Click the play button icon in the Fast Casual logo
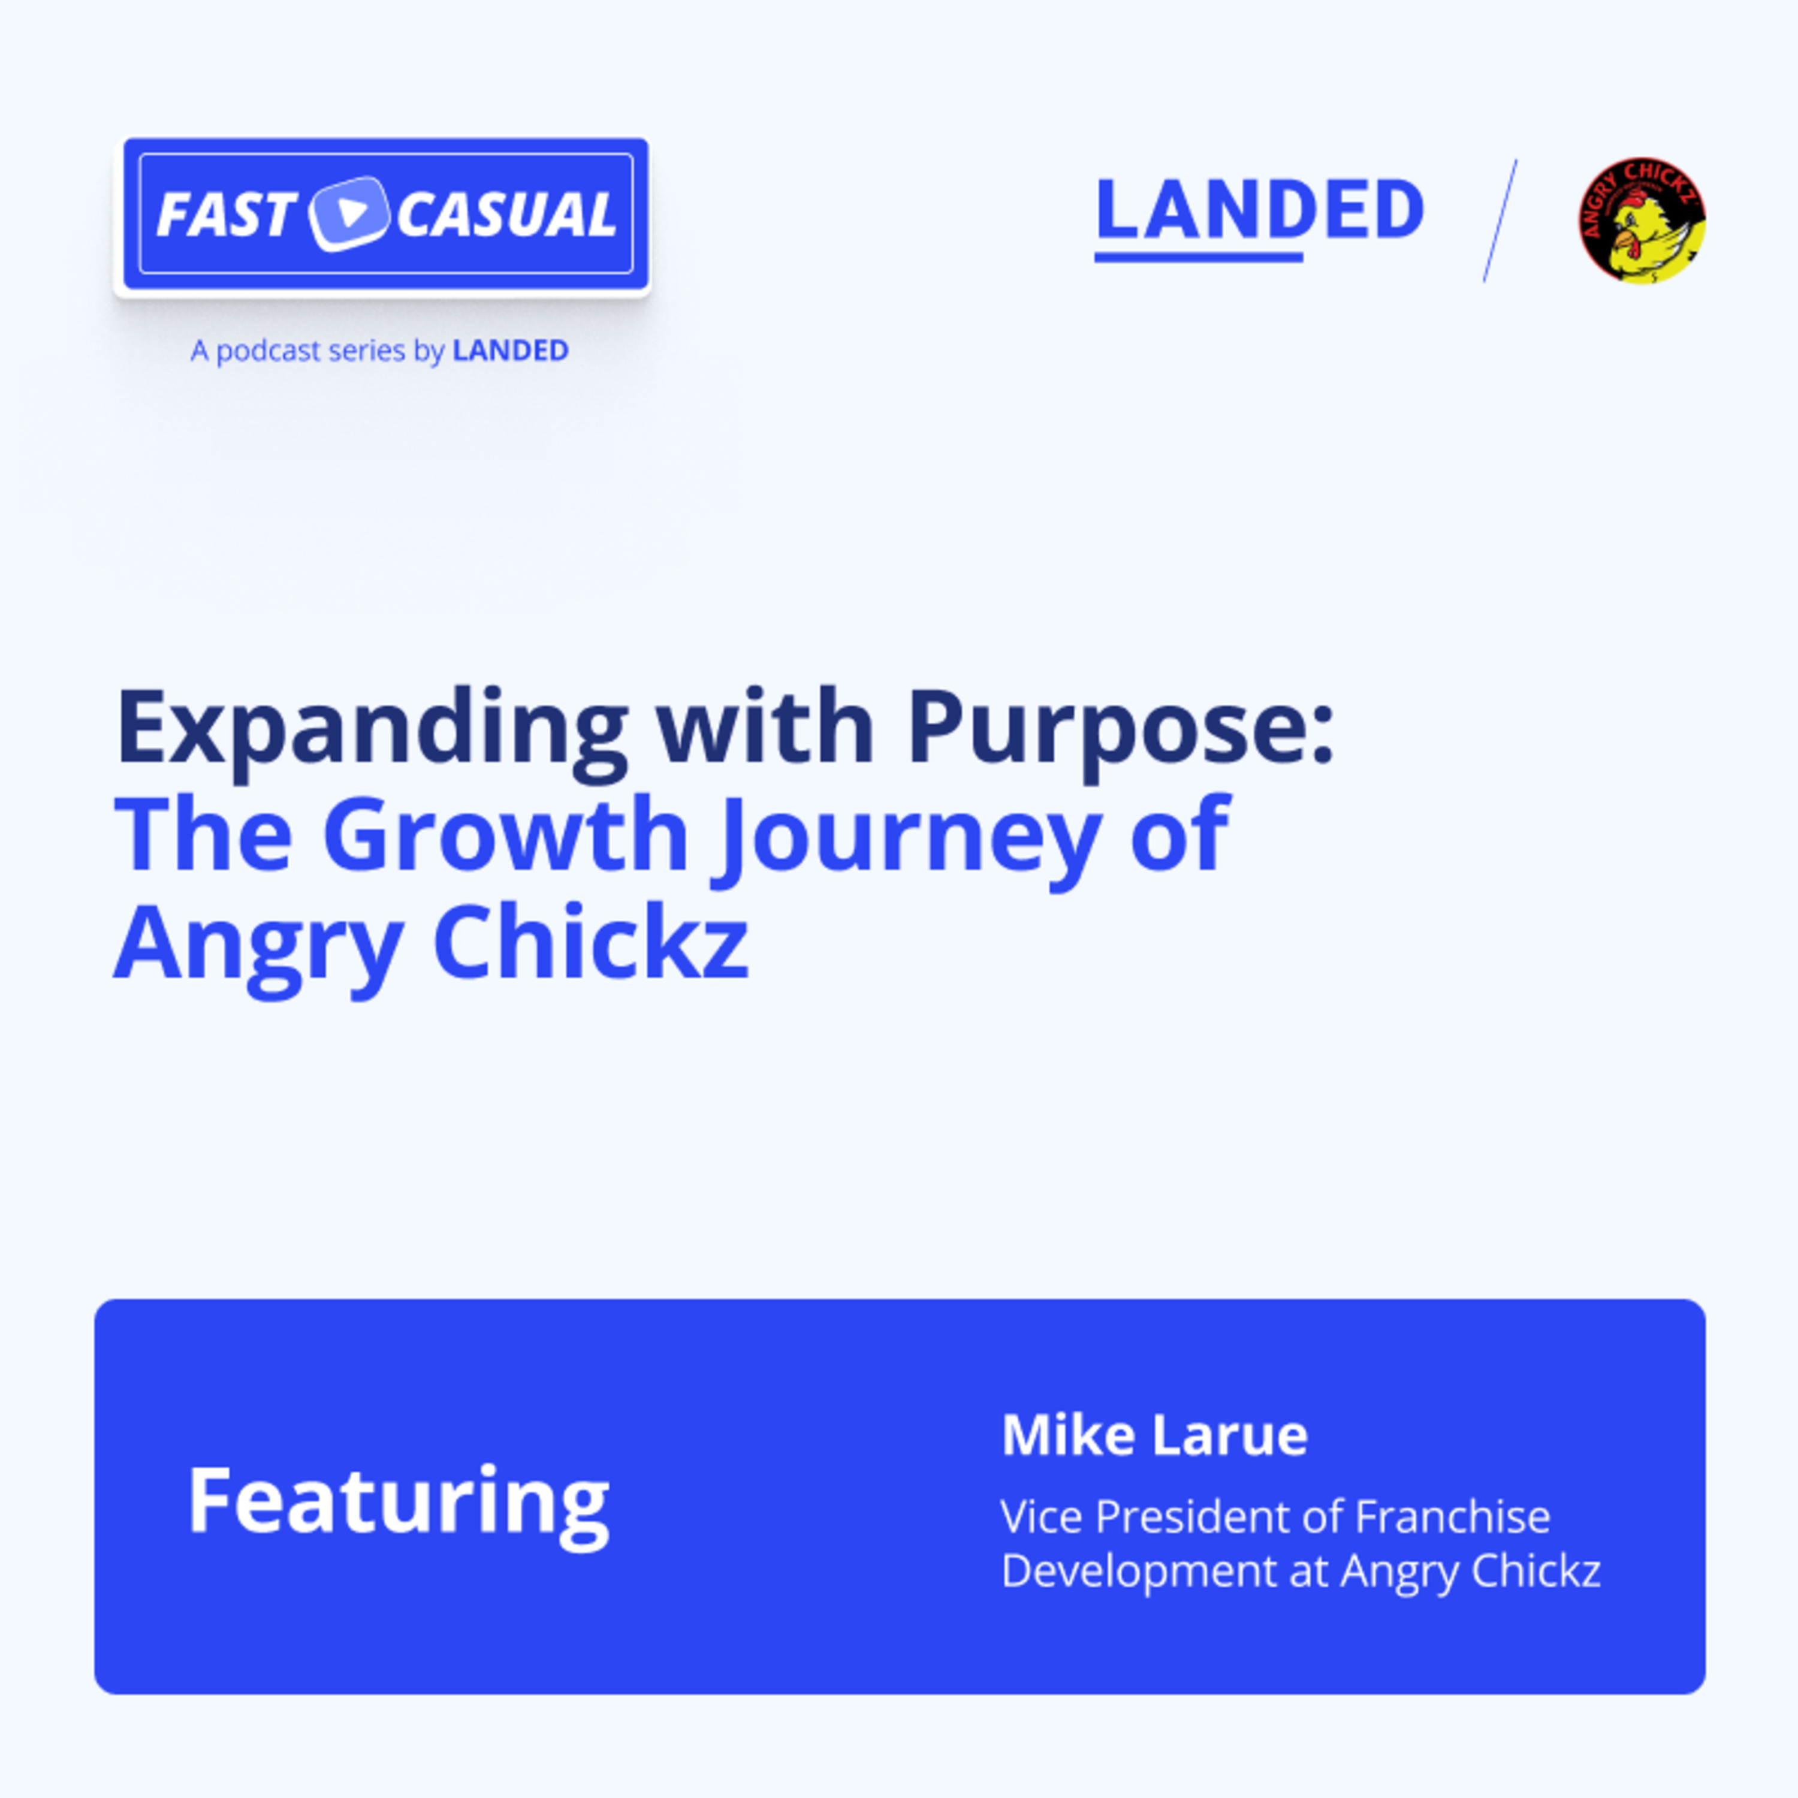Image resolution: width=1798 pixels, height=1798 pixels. point(349,213)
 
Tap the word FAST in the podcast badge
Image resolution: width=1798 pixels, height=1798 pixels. point(225,214)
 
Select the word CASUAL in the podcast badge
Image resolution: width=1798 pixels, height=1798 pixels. point(506,214)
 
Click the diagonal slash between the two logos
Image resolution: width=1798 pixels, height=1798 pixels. point(1500,221)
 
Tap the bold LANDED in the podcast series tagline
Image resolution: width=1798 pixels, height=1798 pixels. point(510,351)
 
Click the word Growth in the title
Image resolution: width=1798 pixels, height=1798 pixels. point(505,835)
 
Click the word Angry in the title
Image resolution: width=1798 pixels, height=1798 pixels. point(258,945)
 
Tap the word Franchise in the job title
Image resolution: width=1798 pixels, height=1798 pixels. point(1452,1516)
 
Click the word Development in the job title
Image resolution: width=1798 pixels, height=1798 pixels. point(1140,1570)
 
